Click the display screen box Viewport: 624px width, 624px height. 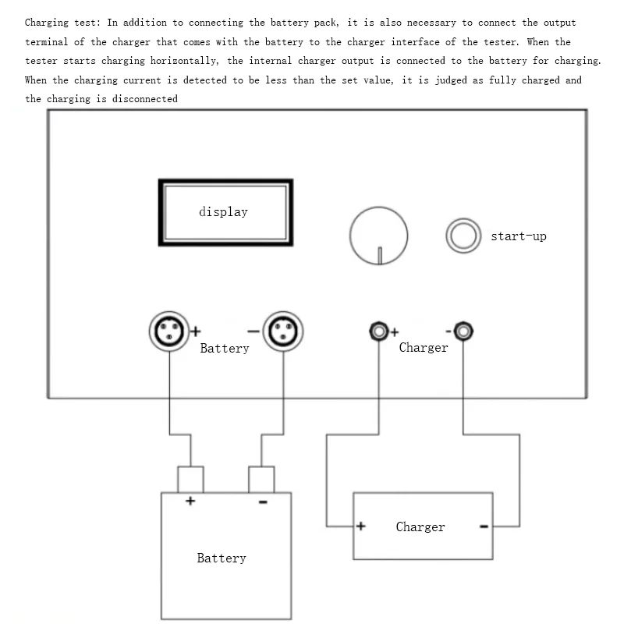(225, 212)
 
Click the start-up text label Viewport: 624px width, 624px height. (518, 236)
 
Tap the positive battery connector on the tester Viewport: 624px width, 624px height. (169, 331)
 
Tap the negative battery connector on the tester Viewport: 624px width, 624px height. (282, 331)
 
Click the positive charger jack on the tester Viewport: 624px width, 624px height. (379, 331)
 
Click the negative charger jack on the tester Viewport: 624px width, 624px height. (463, 331)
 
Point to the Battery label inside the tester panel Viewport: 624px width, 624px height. (225, 349)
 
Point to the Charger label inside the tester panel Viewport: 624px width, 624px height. (424, 348)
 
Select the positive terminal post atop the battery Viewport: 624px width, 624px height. (191, 478)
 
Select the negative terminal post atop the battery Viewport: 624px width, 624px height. (261, 478)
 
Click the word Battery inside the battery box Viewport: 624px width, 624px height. (222, 558)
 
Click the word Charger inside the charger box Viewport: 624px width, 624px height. (420, 527)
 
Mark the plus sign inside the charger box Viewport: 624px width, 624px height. (360, 526)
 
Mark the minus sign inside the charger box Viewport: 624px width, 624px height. (484, 527)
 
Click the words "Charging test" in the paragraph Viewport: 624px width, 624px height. (59, 23)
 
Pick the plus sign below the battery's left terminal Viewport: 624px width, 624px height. (190, 502)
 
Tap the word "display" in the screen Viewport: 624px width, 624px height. (223, 211)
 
